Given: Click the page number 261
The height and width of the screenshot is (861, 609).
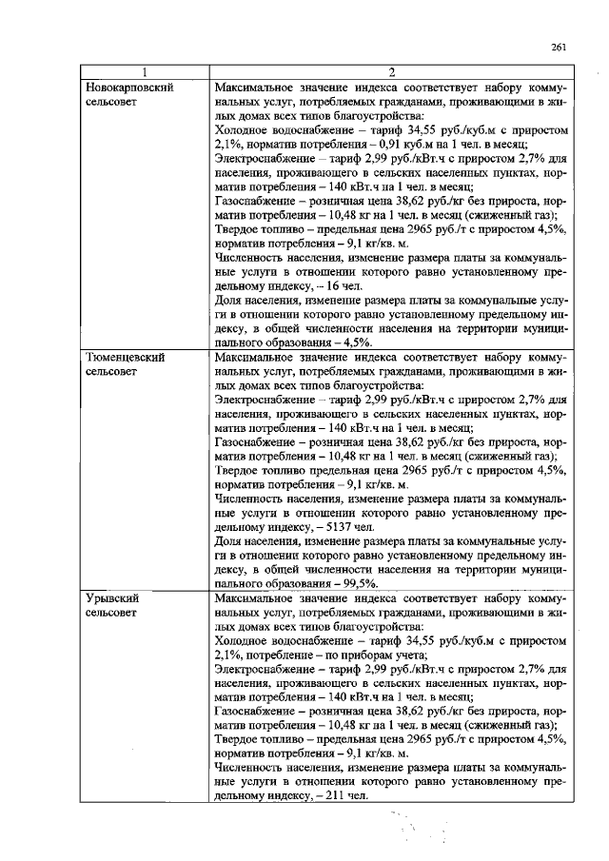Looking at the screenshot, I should click(559, 49).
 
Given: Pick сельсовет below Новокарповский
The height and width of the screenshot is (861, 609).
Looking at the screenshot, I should click(113, 101).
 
